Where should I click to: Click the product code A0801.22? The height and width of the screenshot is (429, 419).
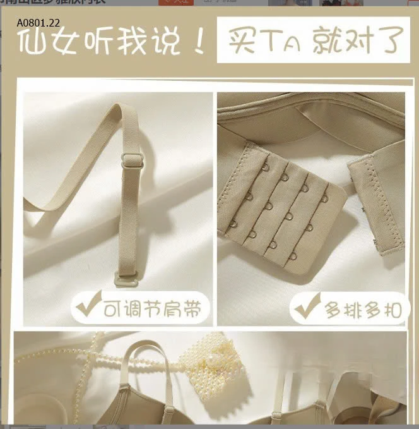(x=38, y=23)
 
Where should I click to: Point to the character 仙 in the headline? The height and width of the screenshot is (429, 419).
(x=34, y=42)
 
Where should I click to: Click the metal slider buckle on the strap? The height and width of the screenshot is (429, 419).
(x=132, y=160)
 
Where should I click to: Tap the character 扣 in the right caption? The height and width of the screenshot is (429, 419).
(x=391, y=310)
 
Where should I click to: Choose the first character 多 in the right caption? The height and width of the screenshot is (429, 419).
(x=334, y=310)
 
